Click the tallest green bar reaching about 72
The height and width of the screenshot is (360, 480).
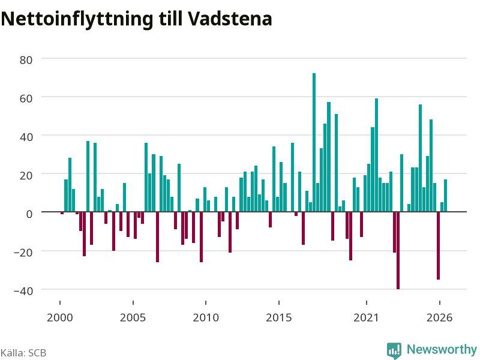(314, 142)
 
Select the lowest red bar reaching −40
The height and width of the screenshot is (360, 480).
(398, 250)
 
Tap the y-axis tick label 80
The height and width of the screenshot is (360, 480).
(26, 60)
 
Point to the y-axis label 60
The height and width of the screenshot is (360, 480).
(26, 98)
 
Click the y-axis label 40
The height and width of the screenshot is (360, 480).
(26, 137)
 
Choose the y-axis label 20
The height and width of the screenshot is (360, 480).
(26, 175)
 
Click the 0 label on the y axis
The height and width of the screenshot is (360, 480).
(29, 214)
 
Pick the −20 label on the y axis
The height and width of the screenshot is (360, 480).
(23, 253)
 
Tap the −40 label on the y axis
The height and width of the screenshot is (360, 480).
(23, 291)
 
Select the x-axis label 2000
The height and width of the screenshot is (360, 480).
(59, 317)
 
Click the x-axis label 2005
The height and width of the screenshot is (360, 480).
(133, 317)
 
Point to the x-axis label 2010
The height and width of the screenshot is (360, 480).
(206, 317)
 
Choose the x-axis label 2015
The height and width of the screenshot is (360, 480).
(279, 317)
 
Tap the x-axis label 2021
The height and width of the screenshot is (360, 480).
(367, 317)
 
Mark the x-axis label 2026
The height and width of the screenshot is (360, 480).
(440, 317)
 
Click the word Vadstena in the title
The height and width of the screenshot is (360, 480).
(230, 19)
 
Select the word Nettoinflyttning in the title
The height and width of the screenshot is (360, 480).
(77, 20)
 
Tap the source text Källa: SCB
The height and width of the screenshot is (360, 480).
(23, 353)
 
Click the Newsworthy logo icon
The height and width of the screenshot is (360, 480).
(394, 350)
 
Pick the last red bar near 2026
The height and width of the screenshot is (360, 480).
(439, 245)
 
